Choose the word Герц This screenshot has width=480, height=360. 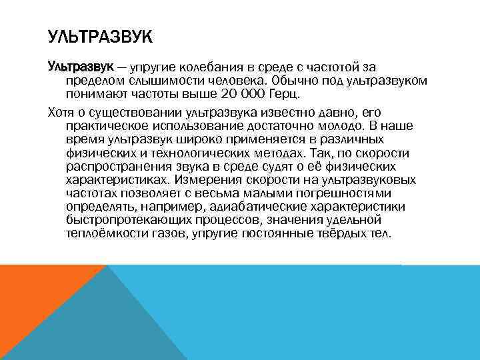coord(285,93)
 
